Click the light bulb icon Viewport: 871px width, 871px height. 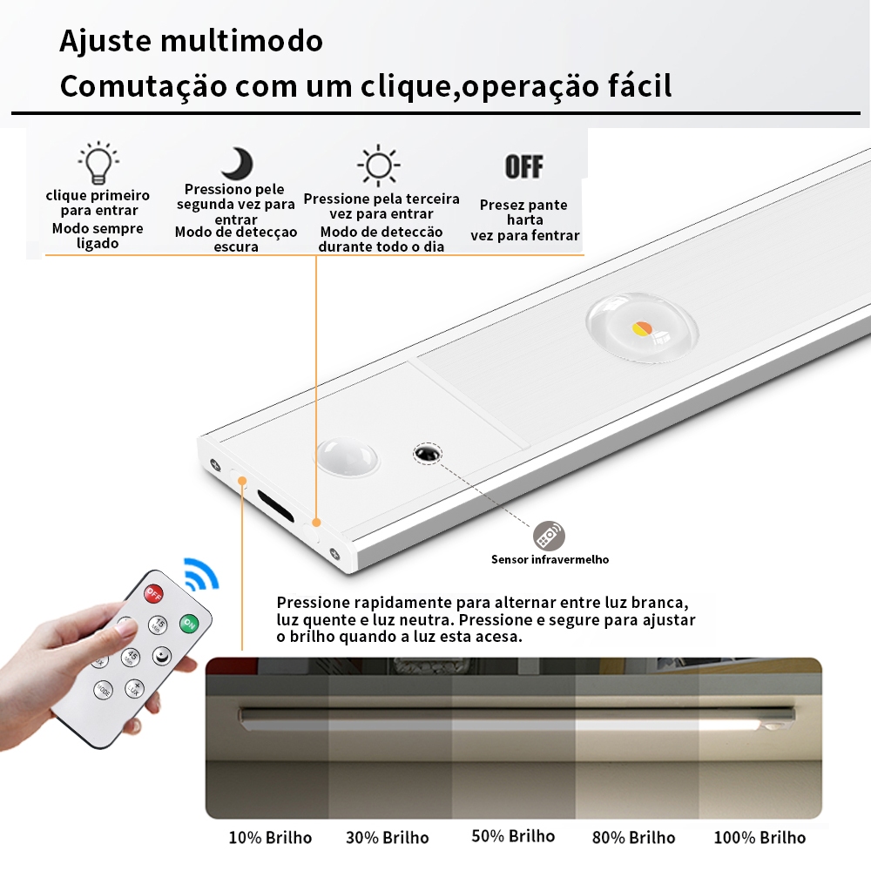[x=98, y=162]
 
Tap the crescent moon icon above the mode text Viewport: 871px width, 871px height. [x=238, y=164]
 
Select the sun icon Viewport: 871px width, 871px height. [x=378, y=165]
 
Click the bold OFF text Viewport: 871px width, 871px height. [x=523, y=166]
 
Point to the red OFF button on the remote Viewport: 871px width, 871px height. [x=153, y=594]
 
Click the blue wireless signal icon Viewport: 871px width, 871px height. [x=202, y=574]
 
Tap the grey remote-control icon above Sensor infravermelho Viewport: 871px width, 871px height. [x=549, y=536]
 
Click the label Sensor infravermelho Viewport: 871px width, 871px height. [x=550, y=559]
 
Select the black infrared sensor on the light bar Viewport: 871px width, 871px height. [x=428, y=454]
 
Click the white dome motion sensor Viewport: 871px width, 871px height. [x=348, y=456]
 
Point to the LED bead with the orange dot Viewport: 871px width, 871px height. [x=642, y=327]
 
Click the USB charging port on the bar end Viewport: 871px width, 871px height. [x=275, y=504]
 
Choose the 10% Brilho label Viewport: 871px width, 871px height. [x=271, y=838]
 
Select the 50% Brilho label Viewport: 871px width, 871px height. [x=513, y=836]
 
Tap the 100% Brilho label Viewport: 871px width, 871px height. [x=760, y=838]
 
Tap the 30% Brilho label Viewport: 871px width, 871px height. [x=388, y=838]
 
